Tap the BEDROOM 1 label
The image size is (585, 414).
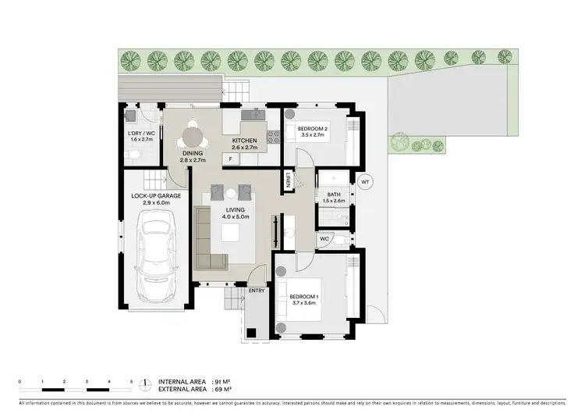tap(307, 297)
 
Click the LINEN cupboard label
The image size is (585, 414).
tap(288, 180)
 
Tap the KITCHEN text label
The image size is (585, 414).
tap(245, 141)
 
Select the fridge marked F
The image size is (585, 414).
tap(231, 159)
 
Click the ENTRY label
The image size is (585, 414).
tap(257, 291)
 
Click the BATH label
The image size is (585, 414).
tap(334, 195)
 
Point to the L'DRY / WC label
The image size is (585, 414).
tap(141, 133)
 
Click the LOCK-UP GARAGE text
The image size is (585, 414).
tap(156, 196)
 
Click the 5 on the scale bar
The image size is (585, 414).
tap(132, 380)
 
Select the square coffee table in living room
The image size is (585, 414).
tap(231, 234)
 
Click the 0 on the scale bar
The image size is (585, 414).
tap(19, 380)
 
